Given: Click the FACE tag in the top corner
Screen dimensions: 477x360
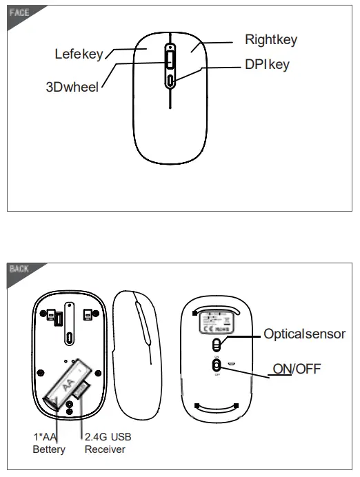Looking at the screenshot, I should (19, 12).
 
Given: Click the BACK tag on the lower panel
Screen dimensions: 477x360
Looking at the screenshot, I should (19, 269).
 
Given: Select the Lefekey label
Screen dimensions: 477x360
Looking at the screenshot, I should (78, 54).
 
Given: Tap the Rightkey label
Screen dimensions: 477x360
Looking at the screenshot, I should (271, 40).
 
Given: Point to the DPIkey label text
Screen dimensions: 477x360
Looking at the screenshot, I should (267, 65).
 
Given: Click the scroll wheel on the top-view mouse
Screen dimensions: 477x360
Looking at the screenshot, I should (170, 61).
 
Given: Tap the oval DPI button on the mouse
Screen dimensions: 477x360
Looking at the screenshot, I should (170, 81).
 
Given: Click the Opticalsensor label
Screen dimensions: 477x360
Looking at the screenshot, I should (304, 334).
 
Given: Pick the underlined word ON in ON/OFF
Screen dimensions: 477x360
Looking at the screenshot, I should (283, 369).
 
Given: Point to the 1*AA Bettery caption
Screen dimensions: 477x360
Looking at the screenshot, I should (49, 444).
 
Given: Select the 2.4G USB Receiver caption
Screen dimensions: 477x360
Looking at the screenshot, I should (108, 444).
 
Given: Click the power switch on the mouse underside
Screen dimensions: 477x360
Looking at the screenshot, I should (217, 365).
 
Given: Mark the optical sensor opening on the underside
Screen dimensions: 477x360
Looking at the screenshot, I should (217, 343).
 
